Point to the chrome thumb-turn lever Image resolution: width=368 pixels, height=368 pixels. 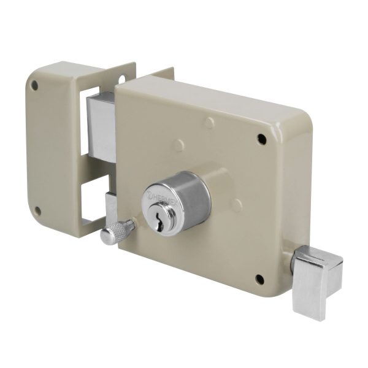click(x=317, y=282)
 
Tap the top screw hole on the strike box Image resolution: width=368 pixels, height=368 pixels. click(x=35, y=85)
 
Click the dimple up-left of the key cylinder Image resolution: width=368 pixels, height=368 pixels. click(x=178, y=146)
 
